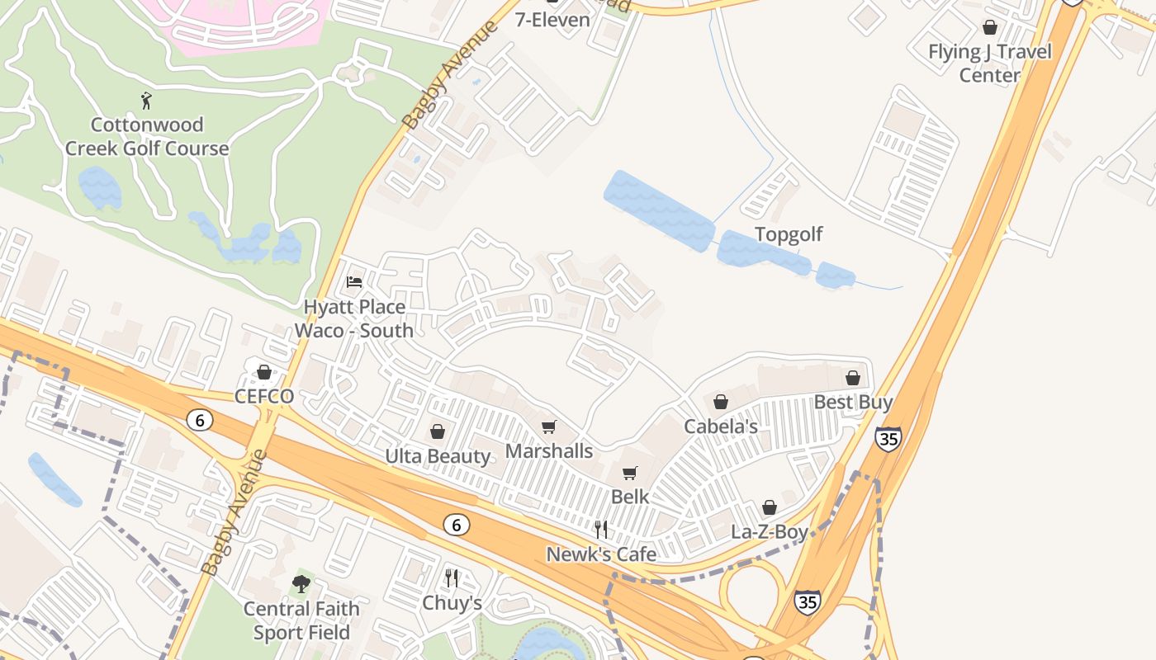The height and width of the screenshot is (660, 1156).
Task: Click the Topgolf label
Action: coord(789,234)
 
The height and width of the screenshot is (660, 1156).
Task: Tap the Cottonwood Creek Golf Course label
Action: coord(147,137)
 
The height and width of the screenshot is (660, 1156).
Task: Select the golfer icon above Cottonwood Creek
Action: coord(147,101)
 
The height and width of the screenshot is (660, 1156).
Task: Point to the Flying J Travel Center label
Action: coord(990,64)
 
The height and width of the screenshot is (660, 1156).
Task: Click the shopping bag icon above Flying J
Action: coord(990,27)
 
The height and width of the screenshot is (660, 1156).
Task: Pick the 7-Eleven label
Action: coord(552,20)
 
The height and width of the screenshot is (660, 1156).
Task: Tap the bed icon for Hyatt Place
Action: coord(354,282)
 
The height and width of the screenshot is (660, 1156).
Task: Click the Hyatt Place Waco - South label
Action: coord(354,318)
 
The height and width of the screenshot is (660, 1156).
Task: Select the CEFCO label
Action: coord(264,397)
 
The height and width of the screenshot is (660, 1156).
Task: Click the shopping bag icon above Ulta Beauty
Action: coord(438,431)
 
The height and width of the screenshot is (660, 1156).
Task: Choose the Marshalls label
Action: coord(549,451)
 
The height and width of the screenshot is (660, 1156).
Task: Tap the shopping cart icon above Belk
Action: coord(630,473)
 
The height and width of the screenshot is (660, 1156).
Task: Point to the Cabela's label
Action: coord(721,427)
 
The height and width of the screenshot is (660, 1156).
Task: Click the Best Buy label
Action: coord(853,403)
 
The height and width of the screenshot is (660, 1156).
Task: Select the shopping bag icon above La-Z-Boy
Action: coord(770,507)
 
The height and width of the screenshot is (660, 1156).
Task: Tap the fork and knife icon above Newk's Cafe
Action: coord(601,529)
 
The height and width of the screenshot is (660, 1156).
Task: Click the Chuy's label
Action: coord(452,603)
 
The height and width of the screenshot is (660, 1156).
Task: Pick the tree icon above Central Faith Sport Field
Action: coord(301,584)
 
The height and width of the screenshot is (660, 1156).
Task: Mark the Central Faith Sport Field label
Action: coord(301,620)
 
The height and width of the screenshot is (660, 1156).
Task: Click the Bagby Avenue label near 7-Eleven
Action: coord(451,74)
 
